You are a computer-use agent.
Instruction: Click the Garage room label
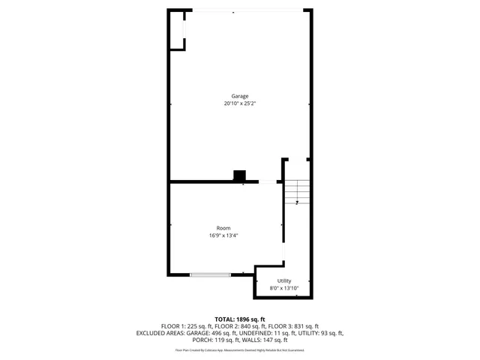[239, 96]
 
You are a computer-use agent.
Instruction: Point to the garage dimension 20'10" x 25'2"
[239, 103]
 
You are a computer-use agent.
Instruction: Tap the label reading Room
[223, 228]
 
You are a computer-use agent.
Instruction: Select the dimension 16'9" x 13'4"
[223, 235]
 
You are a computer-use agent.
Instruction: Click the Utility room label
[284, 280]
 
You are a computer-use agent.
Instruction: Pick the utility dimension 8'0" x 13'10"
[284, 288]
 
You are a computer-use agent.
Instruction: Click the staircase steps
[297, 193]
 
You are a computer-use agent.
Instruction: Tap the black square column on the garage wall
[239, 176]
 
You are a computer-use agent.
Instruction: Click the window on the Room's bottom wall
[210, 275]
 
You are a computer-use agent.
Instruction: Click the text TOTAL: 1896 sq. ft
[240, 319]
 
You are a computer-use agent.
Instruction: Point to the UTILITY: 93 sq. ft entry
[318, 333]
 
